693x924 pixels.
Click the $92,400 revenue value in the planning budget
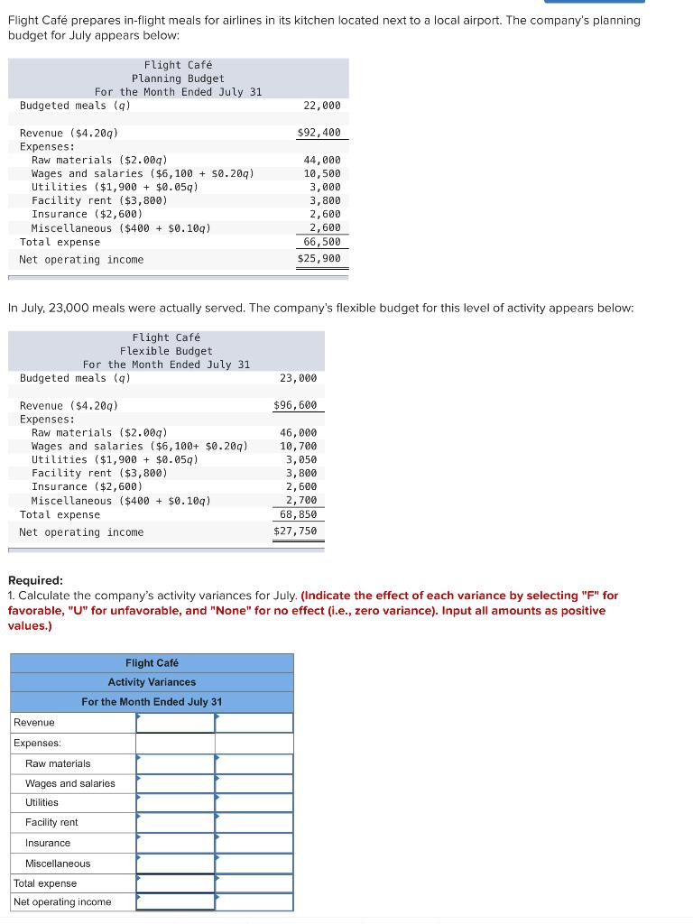(319, 133)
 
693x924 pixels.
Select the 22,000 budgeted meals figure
(323, 106)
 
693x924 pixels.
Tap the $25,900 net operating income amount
(319, 260)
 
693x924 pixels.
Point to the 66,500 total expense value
(322, 242)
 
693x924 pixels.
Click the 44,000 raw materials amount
(322, 160)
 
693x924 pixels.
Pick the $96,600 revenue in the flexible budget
(295, 406)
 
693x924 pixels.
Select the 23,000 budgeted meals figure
(299, 378)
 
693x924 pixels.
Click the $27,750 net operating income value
(295, 532)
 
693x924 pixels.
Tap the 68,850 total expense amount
(298, 514)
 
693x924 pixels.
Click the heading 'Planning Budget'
(178, 79)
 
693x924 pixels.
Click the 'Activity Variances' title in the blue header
(152, 682)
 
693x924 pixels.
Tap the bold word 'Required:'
(35, 581)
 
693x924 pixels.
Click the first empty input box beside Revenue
(175, 723)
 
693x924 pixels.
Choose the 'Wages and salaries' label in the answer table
(70, 783)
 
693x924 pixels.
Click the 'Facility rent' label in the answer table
(51, 822)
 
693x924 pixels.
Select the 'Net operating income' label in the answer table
(62, 902)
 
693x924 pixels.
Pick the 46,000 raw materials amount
(299, 433)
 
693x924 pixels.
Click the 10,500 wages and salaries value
(322, 173)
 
